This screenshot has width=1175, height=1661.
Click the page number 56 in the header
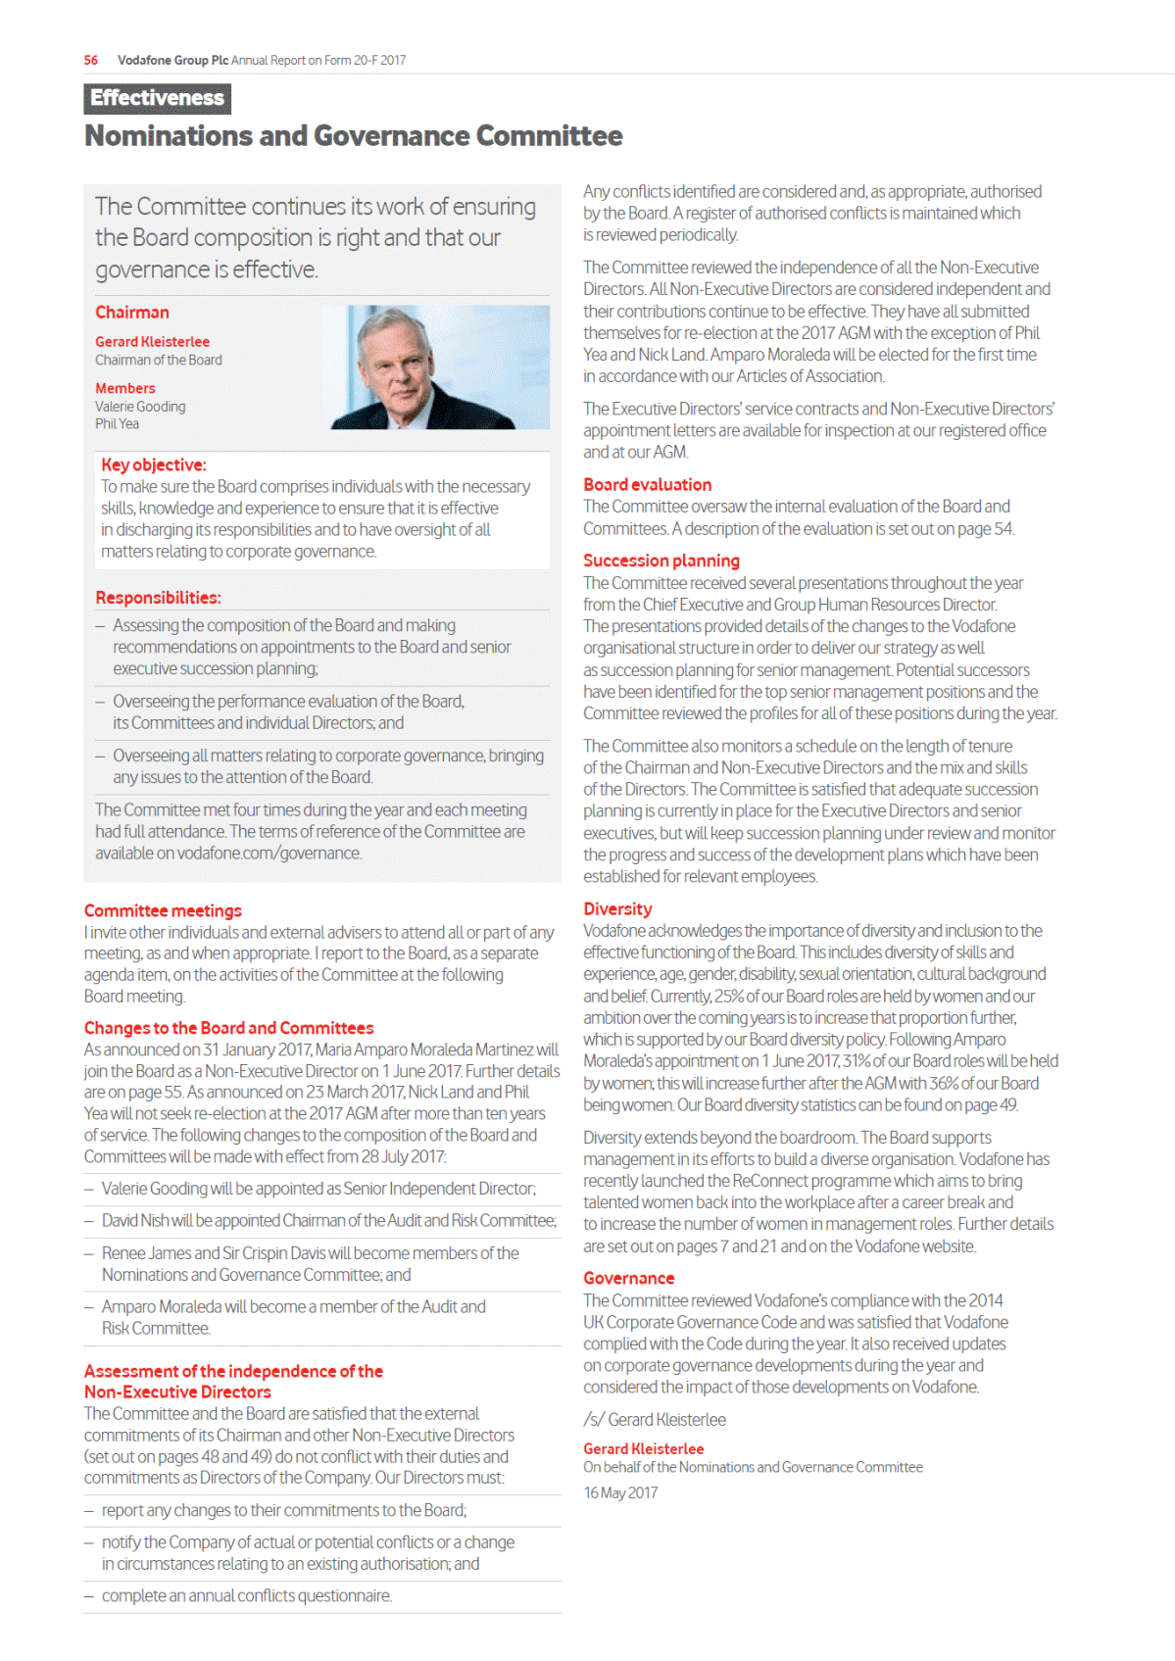(x=91, y=60)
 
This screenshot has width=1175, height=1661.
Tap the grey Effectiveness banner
(x=157, y=98)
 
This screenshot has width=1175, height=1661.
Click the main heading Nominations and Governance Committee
(x=353, y=135)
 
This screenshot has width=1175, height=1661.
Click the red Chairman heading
(x=132, y=313)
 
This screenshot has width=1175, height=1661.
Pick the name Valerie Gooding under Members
(x=140, y=407)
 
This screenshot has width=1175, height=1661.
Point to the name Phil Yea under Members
(x=117, y=424)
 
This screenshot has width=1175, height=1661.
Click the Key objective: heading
(x=154, y=465)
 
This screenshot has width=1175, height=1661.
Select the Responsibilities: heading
(x=158, y=598)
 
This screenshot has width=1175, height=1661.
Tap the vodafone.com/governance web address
(x=269, y=854)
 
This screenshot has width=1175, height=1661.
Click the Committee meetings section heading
(x=163, y=911)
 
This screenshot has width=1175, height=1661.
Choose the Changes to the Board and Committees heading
(x=228, y=1028)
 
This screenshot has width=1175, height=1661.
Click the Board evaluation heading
(x=647, y=485)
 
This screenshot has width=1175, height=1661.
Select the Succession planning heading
(x=661, y=561)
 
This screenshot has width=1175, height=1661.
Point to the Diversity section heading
(x=617, y=909)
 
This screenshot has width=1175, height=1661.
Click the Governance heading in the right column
(x=628, y=1279)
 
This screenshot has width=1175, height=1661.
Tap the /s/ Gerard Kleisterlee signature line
(x=655, y=1420)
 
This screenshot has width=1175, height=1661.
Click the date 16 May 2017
(x=620, y=1493)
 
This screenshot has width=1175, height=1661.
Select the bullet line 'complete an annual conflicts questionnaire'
(x=247, y=1596)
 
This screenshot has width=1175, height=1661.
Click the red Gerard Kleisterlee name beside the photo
(x=152, y=342)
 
